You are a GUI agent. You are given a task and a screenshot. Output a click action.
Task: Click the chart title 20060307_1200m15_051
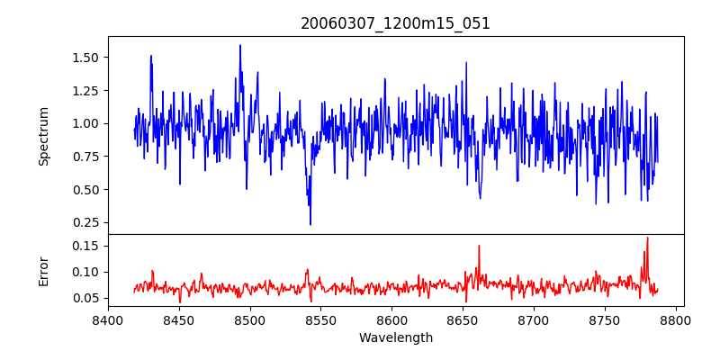point(395,23)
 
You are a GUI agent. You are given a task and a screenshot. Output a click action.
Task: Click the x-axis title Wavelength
point(395,338)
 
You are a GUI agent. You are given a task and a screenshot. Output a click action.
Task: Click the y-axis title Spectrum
point(43,136)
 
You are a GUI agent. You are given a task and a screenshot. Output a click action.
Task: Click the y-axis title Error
point(43,271)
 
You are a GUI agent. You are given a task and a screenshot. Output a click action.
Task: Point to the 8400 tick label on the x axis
point(108,320)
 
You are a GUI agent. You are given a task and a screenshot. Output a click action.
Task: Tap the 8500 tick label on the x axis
point(250,320)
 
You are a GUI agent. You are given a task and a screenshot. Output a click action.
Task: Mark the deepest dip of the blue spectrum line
point(310,224)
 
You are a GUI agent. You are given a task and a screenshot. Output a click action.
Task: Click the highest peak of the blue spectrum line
point(240,45)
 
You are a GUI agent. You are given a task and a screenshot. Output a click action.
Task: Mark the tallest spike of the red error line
point(647,238)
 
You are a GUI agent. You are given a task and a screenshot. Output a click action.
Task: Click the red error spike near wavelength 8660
point(479,246)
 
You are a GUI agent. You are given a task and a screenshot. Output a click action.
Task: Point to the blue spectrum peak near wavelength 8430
point(151,56)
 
